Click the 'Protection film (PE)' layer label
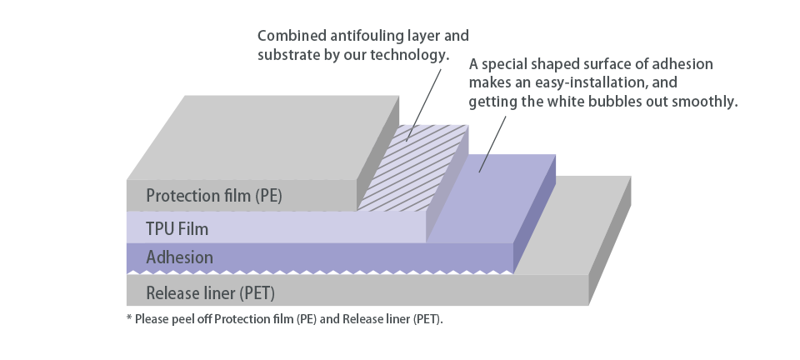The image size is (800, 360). click(214, 196)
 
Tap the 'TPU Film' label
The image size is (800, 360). click(177, 229)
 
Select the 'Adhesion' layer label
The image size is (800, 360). click(180, 257)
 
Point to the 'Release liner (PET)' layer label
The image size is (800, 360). click(210, 293)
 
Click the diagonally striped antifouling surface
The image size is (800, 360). click(412, 168)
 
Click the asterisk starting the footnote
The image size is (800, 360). click(130, 318)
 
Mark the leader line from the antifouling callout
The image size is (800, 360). click(424, 104)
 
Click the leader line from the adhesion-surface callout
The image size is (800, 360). click(492, 144)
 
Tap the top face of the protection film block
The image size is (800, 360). click(262, 137)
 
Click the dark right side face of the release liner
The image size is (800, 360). click(610, 241)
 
